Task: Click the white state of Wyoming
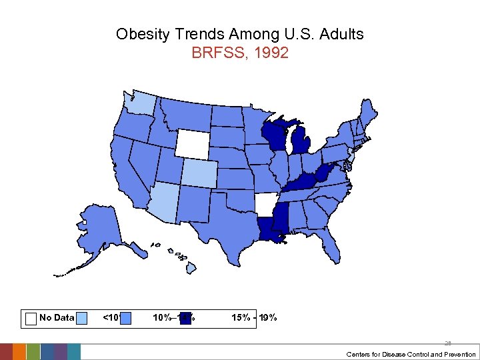(192, 142)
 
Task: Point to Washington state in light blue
(142, 102)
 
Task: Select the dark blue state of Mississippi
(281, 218)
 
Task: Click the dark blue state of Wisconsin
(273, 136)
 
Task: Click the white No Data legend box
(30, 318)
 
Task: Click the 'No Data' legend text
(57, 318)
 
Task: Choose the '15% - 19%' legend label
(254, 318)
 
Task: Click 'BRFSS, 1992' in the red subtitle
(240, 53)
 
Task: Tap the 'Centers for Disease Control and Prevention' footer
(411, 354)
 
